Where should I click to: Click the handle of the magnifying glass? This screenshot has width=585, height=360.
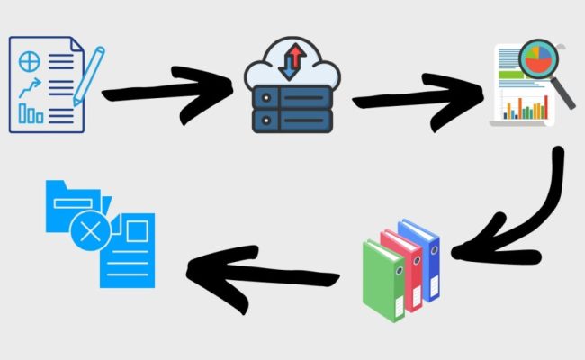(565, 96)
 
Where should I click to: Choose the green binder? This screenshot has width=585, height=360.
(382, 274)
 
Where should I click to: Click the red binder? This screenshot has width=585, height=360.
(403, 265)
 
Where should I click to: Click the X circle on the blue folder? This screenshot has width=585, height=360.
(90, 233)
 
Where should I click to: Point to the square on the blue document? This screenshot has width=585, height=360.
(136, 232)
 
